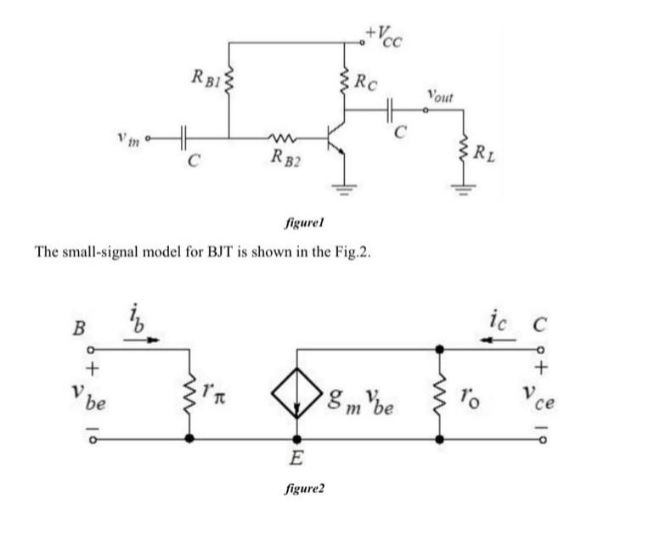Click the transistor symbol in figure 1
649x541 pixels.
tap(336, 136)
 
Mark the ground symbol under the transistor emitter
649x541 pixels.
tap(345, 190)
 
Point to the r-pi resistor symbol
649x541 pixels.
tap(188, 394)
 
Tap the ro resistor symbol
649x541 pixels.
tap(438, 394)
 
